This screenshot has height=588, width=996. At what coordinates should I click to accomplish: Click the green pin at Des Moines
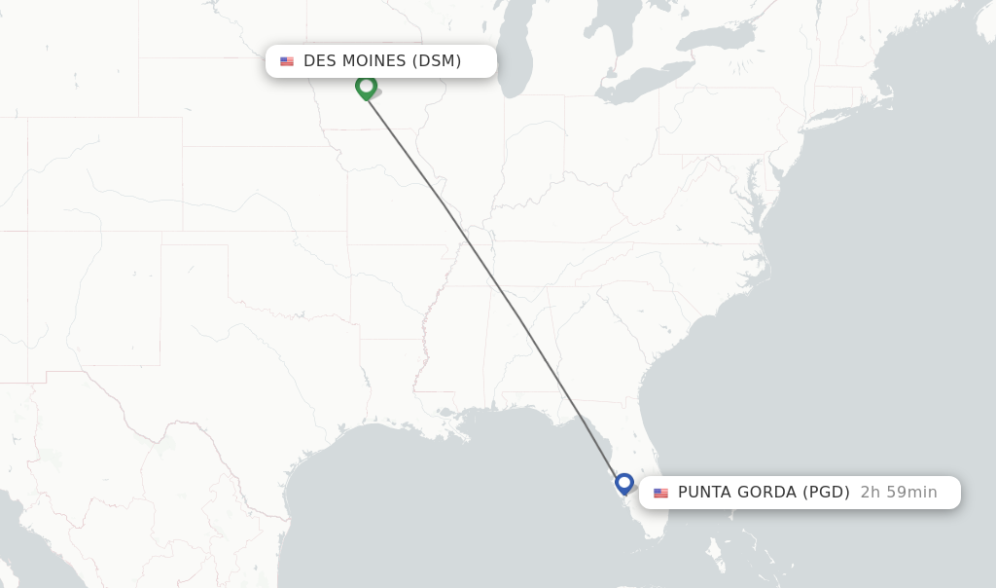(x=366, y=87)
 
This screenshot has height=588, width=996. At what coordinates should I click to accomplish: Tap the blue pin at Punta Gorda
(x=624, y=482)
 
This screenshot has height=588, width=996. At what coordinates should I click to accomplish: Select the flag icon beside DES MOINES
(x=287, y=61)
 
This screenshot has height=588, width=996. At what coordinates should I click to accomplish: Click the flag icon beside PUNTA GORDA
(x=661, y=493)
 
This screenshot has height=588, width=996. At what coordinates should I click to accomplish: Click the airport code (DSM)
(x=437, y=61)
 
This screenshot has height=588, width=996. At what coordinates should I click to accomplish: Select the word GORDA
(x=766, y=493)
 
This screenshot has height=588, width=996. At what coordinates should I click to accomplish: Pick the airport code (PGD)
(x=826, y=493)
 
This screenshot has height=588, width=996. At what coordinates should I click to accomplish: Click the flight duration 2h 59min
(x=899, y=493)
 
